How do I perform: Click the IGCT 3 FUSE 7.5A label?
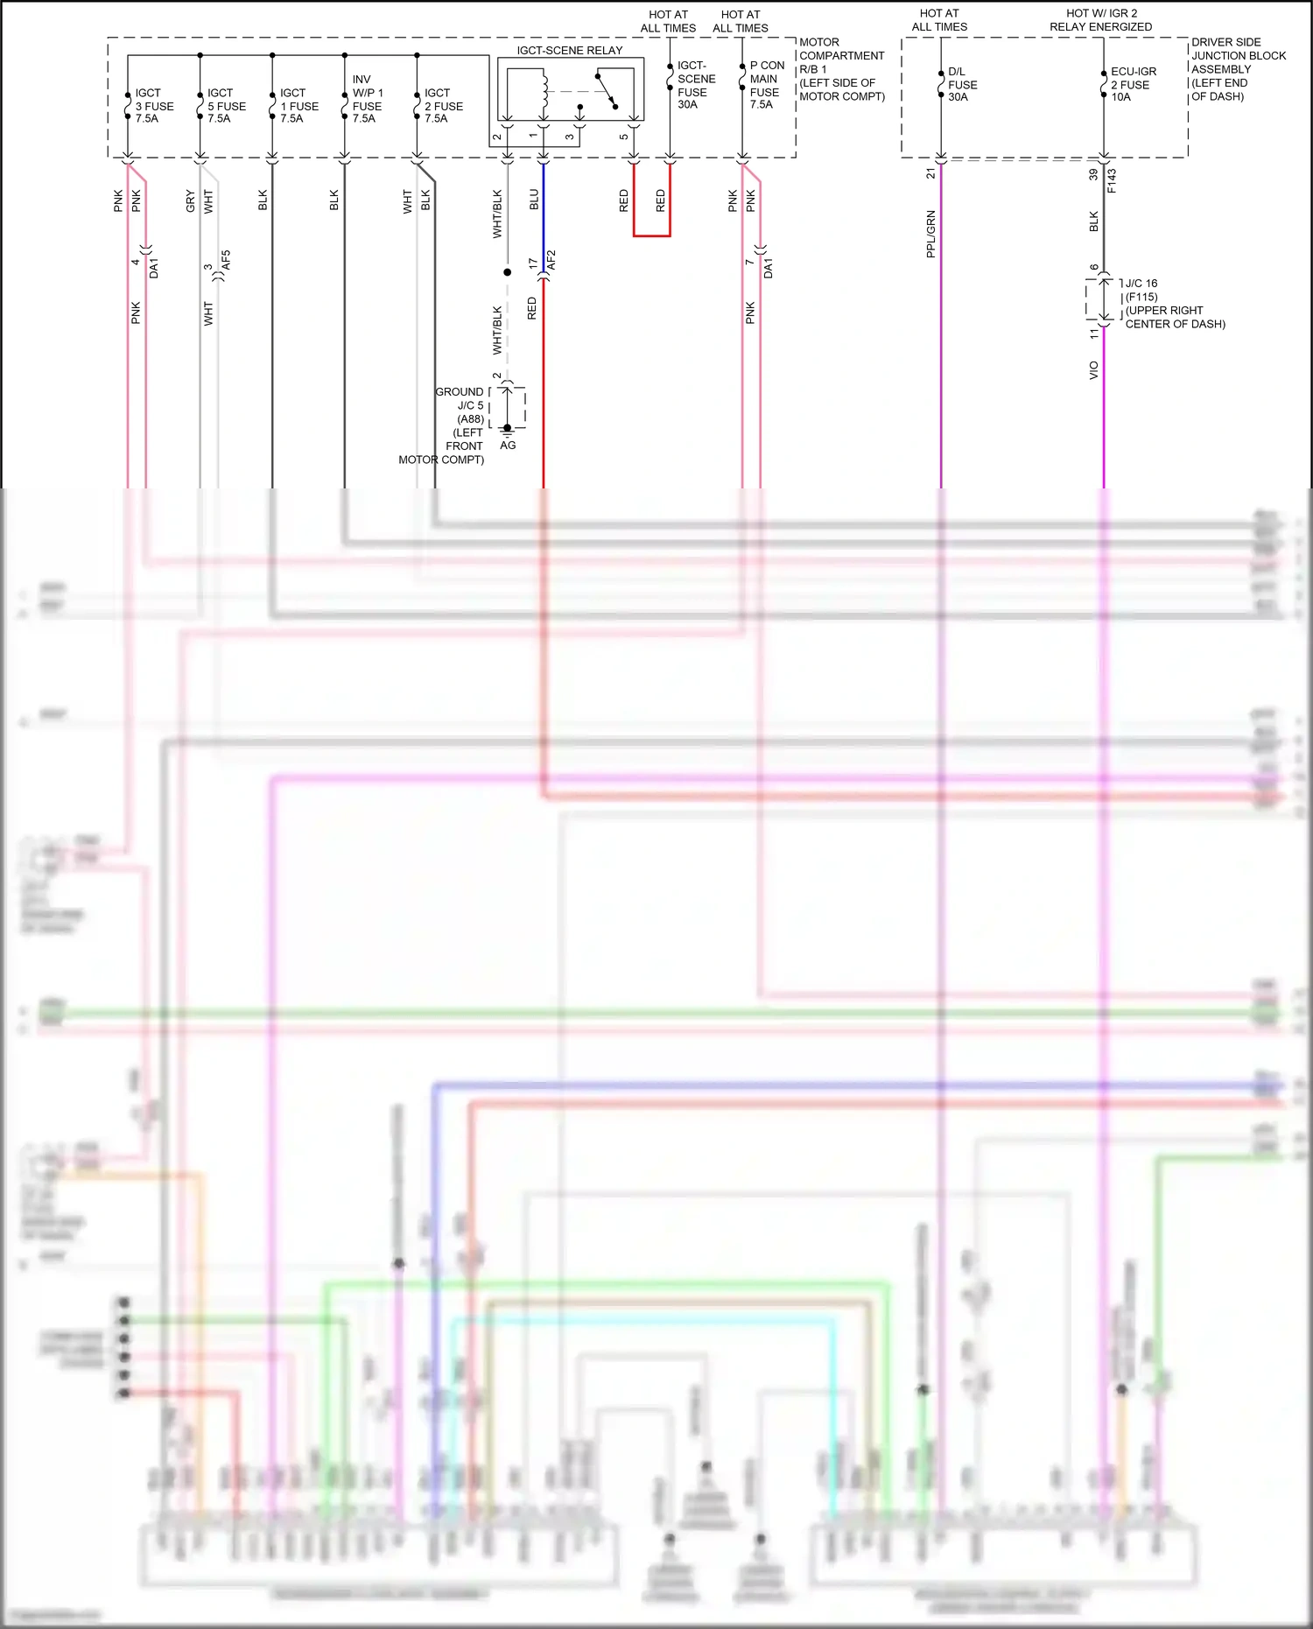(x=154, y=106)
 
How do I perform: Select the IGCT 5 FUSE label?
(x=227, y=106)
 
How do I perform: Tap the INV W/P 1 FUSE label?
(x=368, y=99)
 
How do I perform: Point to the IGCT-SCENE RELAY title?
(x=570, y=50)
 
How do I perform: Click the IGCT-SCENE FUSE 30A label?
(x=696, y=85)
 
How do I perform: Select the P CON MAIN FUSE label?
(x=767, y=85)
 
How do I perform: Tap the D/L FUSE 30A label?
(x=962, y=84)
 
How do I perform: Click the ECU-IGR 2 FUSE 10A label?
(x=1133, y=84)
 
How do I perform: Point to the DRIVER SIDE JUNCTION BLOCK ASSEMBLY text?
(x=1238, y=69)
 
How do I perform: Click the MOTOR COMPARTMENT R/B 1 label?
(x=841, y=69)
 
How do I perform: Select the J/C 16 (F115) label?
(x=1141, y=290)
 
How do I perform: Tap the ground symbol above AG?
(x=507, y=432)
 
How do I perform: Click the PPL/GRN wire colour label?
(x=930, y=234)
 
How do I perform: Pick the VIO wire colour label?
(x=1093, y=370)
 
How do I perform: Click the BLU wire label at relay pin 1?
(x=534, y=200)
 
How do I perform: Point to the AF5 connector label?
(x=226, y=260)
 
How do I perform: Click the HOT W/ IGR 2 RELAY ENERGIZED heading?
(x=1101, y=20)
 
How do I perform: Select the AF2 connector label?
(x=551, y=260)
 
